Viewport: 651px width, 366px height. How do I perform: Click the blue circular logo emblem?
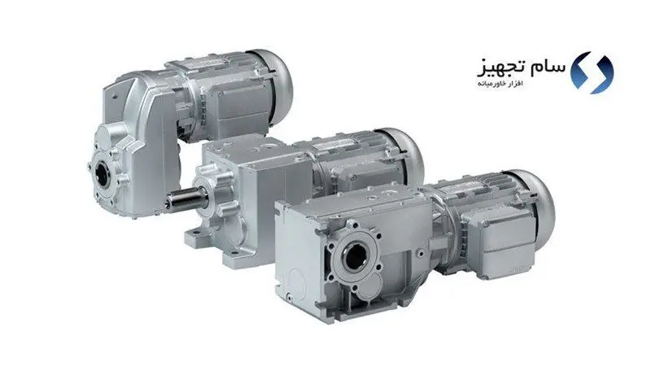pyautogui.click(x=592, y=72)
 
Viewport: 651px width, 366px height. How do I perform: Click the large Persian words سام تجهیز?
pyautogui.click(x=522, y=68)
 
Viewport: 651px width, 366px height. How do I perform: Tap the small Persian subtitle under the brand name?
pyautogui.click(x=500, y=84)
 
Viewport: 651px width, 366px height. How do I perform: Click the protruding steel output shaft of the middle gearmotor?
pyautogui.click(x=185, y=198)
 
